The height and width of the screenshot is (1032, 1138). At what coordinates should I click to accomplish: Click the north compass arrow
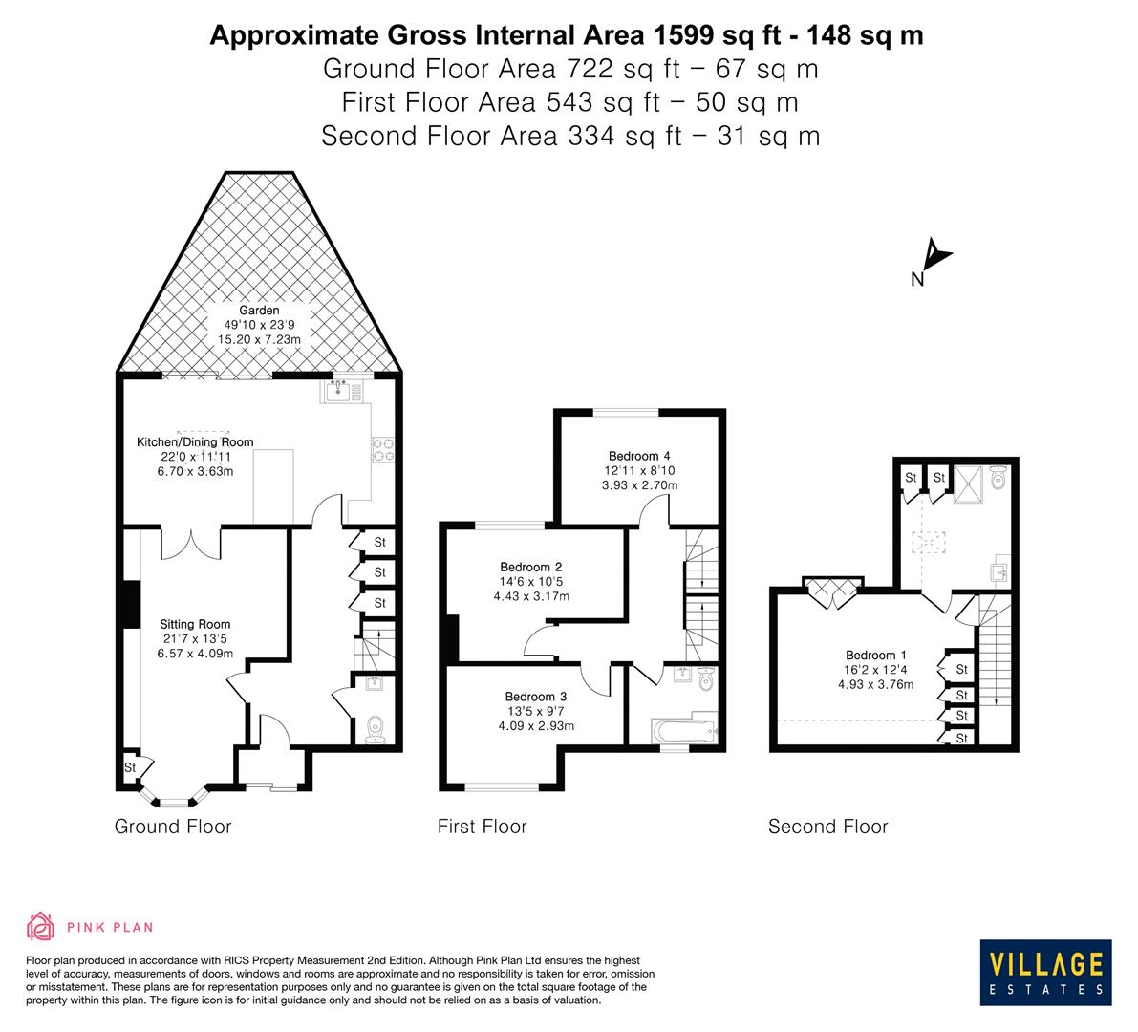[x=937, y=256]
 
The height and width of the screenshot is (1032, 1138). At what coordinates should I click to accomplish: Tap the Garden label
[x=259, y=311]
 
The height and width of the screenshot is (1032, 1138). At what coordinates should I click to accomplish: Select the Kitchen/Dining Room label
[x=196, y=441]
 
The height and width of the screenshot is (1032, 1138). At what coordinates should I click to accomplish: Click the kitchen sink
[x=338, y=390]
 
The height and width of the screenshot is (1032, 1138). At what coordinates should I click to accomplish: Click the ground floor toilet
[x=377, y=728]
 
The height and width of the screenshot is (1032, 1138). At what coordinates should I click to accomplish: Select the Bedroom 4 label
[x=639, y=456]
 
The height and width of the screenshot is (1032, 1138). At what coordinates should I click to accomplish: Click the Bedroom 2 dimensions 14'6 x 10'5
[x=530, y=582]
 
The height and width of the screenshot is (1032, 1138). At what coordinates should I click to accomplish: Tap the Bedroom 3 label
[x=536, y=697]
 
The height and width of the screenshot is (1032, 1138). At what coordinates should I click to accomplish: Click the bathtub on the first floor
[x=683, y=733]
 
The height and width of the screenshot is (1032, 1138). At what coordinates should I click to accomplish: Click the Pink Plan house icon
[x=40, y=926]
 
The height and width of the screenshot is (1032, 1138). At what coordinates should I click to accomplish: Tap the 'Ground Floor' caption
[x=173, y=827]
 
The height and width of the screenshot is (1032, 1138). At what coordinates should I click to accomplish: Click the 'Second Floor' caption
[x=827, y=827]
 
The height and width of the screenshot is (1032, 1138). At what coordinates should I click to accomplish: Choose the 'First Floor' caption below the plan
[x=482, y=827]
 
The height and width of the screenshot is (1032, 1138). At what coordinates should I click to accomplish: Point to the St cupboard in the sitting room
[x=130, y=767]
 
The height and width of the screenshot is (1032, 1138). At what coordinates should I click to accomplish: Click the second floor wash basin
[x=999, y=571]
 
